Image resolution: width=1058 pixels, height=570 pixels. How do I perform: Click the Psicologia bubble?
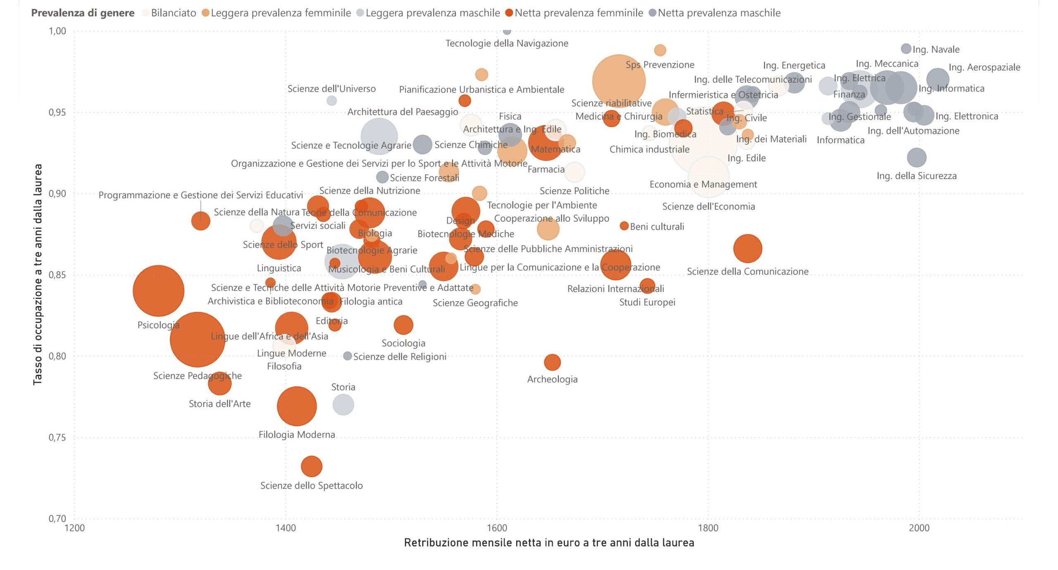click(158, 291)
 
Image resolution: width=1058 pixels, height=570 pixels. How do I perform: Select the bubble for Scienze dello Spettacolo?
click(311, 466)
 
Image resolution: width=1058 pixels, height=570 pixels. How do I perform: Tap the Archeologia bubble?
click(552, 362)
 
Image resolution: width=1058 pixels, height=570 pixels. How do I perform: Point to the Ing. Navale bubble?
click(906, 49)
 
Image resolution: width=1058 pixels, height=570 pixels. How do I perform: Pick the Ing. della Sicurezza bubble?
click(916, 158)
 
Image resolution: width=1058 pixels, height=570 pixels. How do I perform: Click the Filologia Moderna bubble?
click(297, 406)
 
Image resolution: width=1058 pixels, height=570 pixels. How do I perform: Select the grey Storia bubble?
click(343, 404)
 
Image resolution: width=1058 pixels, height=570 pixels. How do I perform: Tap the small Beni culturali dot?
click(624, 226)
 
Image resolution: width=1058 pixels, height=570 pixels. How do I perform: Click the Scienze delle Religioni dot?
click(348, 356)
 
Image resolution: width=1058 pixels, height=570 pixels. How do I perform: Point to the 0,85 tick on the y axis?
click(57, 275)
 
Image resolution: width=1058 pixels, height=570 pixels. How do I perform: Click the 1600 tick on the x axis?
click(497, 528)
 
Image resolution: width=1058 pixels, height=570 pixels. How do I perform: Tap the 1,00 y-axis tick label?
click(57, 31)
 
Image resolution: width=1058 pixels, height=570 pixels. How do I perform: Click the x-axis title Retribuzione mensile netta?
click(549, 543)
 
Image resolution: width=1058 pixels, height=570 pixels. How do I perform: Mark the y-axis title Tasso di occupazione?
click(38, 274)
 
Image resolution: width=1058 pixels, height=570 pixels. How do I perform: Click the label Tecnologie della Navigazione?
click(507, 43)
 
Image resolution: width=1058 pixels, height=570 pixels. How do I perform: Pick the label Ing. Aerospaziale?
click(984, 67)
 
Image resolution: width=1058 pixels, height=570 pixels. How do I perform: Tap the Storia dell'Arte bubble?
click(219, 384)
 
